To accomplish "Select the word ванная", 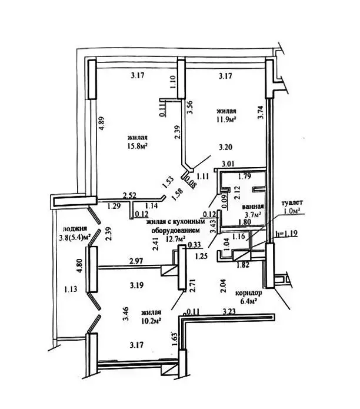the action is click(253, 207).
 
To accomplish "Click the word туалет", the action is click(292, 202).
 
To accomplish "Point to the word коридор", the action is click(249, 293).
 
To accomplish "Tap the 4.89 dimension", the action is click(102, 123).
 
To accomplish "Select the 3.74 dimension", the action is click(261, 112).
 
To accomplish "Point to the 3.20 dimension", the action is click(225, 147).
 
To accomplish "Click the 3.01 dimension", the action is click(228, 164).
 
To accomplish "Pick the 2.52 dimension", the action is click(129, 195).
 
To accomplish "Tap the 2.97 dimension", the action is click(136, 261).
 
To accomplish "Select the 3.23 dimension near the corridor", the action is click(229, 311).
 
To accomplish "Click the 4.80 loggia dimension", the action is click(80, 265).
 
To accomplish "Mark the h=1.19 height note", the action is click(286, 233).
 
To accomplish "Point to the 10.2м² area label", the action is click(151, 321).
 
